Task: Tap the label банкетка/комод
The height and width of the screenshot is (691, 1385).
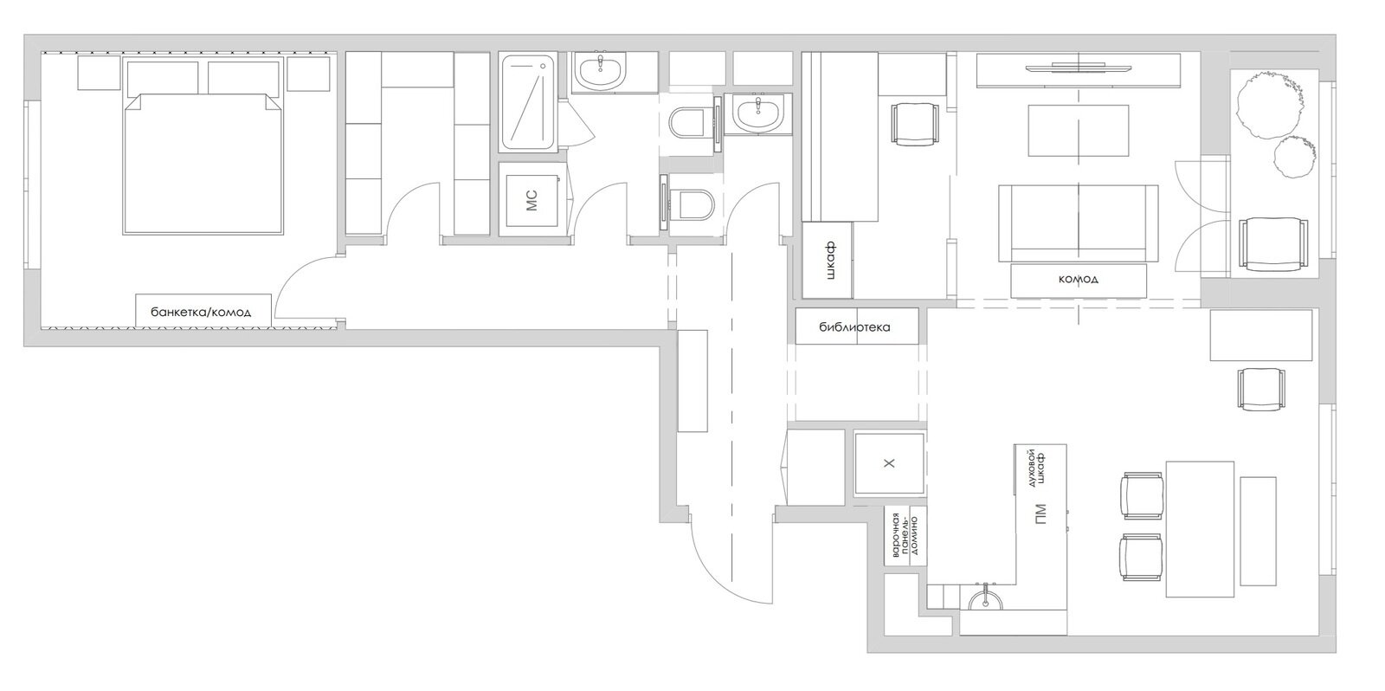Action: pos(201,312)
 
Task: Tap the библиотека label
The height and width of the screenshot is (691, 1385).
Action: pos(854,326)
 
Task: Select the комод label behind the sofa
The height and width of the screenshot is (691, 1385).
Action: pos(1079,279)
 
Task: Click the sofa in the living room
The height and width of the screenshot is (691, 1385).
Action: pos(1079,223)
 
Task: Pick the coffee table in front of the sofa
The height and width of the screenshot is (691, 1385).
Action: pos(1079,131)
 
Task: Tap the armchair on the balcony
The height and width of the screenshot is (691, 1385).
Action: pos(1273,243)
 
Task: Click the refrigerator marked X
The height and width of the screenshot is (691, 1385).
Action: pos(889,463)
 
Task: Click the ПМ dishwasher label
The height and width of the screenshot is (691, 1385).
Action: pos(1040,514)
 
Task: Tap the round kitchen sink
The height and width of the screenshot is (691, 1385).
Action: pos(985,599)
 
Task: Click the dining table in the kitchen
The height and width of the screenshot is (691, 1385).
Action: pos(1200,529)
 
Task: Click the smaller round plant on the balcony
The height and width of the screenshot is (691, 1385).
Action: pos(1295,157)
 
